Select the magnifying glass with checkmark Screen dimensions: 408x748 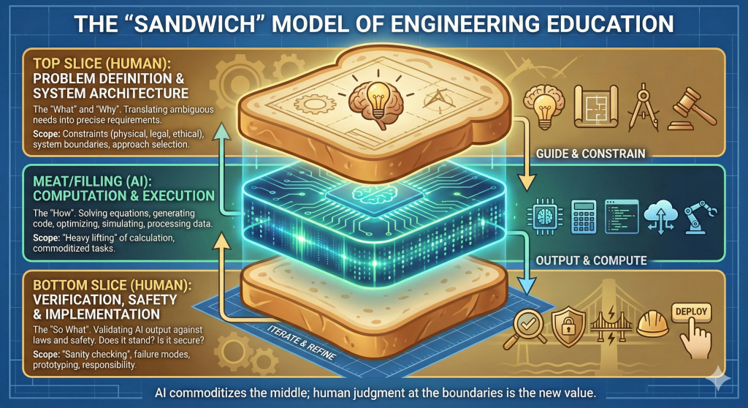point(523,325)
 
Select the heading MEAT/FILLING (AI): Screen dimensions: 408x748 point(99,180)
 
